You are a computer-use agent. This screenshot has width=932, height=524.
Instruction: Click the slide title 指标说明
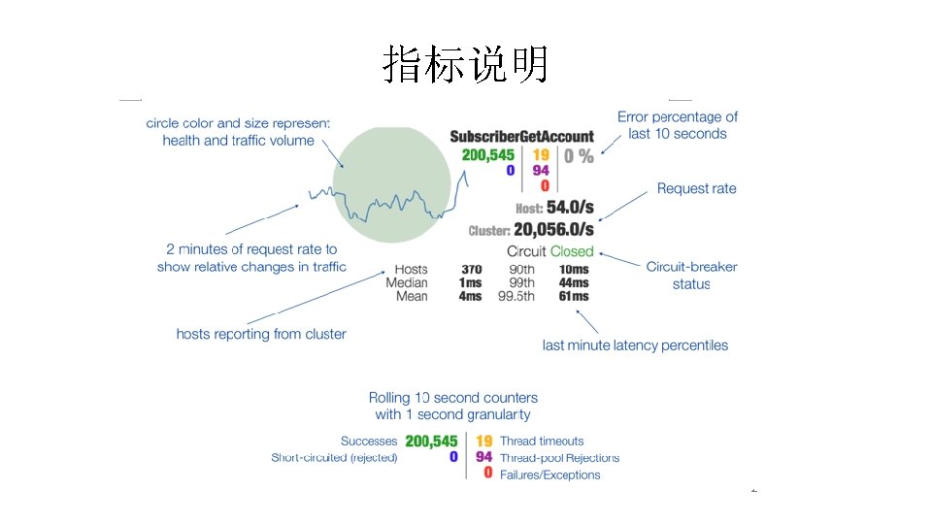(466, 64)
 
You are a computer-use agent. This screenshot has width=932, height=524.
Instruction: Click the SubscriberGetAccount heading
(521, 137)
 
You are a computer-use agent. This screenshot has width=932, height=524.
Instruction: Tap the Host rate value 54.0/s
(570, 208)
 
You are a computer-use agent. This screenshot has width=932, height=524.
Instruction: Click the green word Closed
(572, 251)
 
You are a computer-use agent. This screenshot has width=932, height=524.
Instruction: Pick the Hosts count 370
(471, 270)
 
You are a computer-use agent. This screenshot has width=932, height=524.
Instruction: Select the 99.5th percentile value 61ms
(574, 296)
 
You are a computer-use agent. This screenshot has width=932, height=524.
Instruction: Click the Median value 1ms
(471, 283)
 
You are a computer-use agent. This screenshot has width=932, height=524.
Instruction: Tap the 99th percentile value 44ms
(574, 283)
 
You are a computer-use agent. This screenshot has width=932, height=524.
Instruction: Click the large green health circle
(390, 184)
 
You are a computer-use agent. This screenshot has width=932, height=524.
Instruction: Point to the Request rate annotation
(696, 188)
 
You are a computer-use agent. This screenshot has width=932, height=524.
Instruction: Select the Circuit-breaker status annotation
(691, 276)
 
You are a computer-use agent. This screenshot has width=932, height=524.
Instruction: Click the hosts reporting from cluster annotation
(261, 334)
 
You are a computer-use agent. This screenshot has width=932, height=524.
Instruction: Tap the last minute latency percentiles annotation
(635, 345)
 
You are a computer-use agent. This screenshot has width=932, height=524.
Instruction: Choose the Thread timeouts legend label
(542, 442)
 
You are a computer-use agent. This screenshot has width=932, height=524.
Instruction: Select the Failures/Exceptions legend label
(549, 475)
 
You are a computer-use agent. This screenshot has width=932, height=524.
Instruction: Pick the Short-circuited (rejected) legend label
(334, 458)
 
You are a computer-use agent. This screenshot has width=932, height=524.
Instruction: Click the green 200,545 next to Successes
(431, 442)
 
